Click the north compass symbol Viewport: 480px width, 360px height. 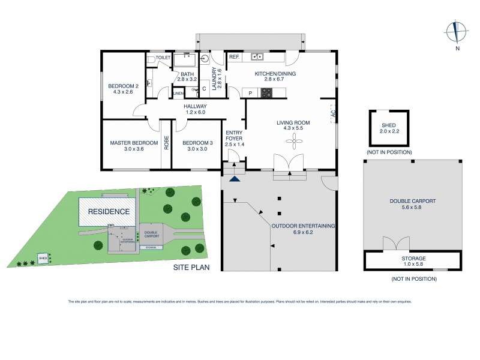pos(456,31)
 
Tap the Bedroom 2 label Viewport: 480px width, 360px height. pos(123,86)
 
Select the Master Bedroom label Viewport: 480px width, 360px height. pos(134,143)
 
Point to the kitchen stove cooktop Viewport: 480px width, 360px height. pos(265,92)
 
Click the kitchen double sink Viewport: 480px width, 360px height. pos(259,57)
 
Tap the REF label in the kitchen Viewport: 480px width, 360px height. pos(234,57)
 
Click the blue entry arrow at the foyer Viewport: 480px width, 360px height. pos(235,178)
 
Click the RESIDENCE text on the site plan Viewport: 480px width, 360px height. pos(109,212)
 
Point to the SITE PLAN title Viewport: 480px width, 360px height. pos(191,268)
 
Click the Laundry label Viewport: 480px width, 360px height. pos(213,78)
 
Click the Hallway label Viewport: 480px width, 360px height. pos(194,106)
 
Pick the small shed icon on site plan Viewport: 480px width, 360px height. pos(43,258)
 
